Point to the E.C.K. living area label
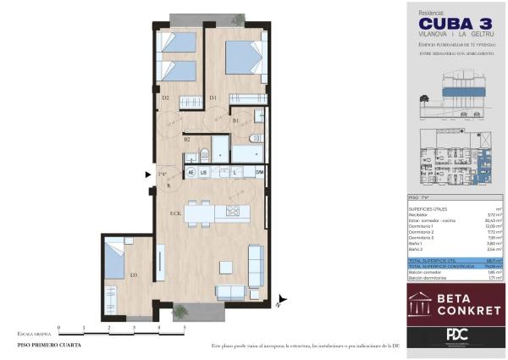click(x=175, y=213)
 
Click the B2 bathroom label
click(x=186, y=140)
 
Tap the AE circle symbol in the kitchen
click(x=190, y=172)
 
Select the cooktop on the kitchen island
click(x=229, y=211)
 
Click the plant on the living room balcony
click(x=180, y=312)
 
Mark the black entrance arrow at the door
click(x=150, y=175)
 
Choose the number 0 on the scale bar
click(x=58, y=326)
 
